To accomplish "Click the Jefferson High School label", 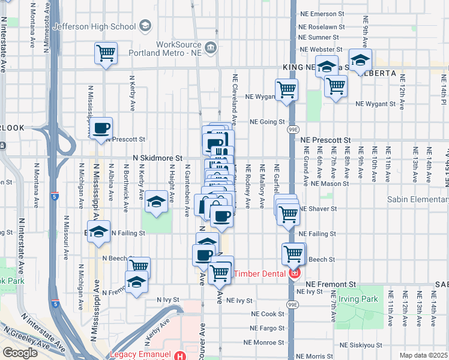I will (94, 26).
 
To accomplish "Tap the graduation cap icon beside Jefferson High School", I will (145, 26).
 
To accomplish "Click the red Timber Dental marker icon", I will (294, 274).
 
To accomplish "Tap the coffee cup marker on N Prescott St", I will (101, 127).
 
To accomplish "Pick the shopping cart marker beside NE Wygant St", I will (286, 89).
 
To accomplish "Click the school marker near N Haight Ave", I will (156, 202).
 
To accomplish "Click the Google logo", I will (20, 352).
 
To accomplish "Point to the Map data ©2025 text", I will (423, 355).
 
